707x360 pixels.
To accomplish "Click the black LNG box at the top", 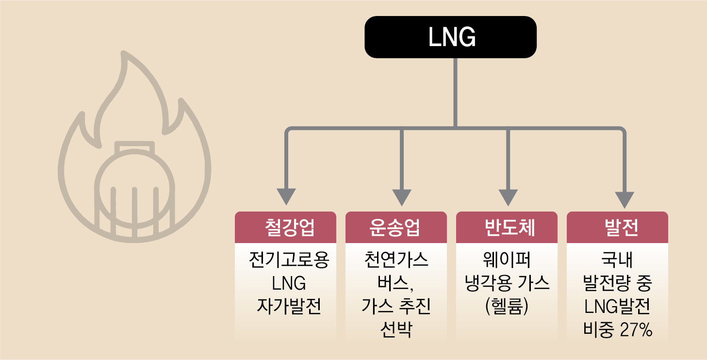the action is point(450,37).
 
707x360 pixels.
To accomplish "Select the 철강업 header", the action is point(285,227).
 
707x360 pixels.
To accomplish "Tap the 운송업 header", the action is point(396,227).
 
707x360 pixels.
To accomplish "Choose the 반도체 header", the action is point(507,227).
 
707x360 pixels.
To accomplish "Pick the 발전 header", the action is point(617,227).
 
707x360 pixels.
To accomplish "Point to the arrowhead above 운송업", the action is point(402,197).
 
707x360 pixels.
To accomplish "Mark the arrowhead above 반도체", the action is point(508,197).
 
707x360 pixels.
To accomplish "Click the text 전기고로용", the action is point(289,260).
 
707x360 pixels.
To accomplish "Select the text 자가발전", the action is point(289,306).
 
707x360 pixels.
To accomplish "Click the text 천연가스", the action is point(396,260).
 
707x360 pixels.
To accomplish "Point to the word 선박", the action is point(396,329).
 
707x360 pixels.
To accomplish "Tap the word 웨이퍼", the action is point(507,260).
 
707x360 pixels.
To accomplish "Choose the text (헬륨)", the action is point(507,306).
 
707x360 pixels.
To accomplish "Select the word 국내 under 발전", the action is point(617,260).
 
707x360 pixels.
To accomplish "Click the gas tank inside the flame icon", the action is point(134,189).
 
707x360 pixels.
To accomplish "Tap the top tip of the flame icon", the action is point(124,52).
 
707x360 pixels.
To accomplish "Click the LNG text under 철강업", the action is point(289,283).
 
